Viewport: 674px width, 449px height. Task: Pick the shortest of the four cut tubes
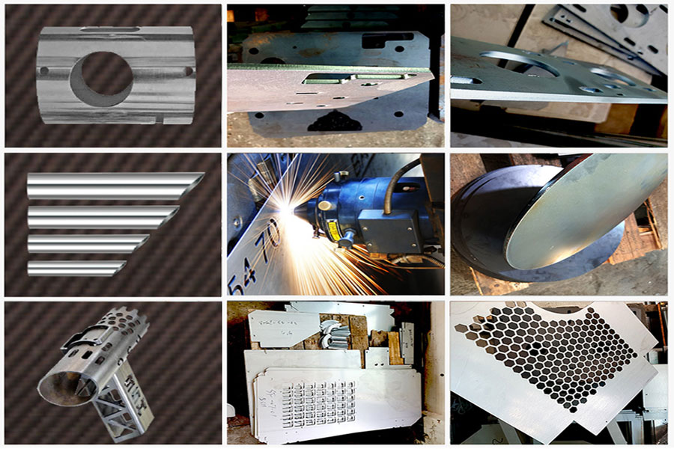coord(75,268)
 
